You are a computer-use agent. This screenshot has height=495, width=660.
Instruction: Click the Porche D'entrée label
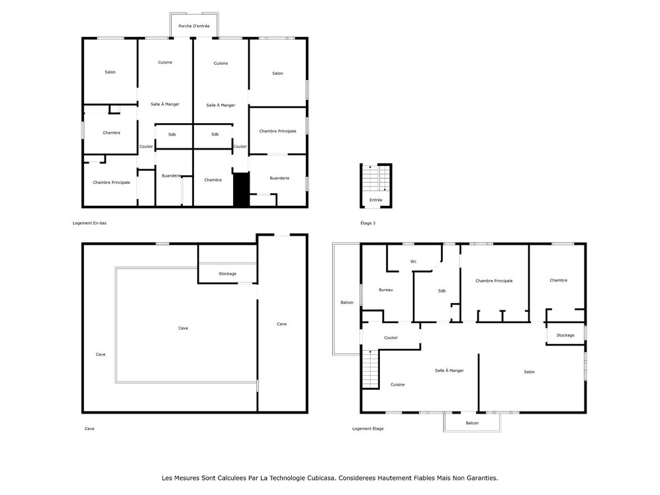click(194, 26)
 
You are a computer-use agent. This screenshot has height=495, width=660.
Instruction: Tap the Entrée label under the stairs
click(375, 200)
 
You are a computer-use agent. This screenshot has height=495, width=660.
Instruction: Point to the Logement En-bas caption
click(89, 223)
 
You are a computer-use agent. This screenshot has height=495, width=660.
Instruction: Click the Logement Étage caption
click(367, 428)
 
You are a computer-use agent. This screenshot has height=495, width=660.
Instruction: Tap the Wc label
click(413, 261)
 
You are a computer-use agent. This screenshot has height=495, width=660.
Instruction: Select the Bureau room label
click(385, 290)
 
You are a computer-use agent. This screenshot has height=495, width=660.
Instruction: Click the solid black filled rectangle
click(241, 189)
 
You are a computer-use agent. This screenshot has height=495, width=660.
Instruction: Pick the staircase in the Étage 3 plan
click(376, 179)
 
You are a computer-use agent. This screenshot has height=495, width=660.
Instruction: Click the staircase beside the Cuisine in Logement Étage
click(369, 369)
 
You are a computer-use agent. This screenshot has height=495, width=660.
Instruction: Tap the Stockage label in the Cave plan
click(227, 273)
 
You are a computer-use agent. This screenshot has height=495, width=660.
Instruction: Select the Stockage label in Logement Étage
click(565, 335)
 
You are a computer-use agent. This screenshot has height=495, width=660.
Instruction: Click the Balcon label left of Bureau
click(346, 302)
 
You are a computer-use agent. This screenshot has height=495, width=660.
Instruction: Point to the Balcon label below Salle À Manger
click(471, 423)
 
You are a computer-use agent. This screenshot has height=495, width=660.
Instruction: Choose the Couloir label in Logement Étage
click(391, 337)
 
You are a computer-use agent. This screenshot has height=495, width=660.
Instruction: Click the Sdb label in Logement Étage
click(442, 291)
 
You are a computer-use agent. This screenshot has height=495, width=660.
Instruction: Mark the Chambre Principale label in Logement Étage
click(494, 281)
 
